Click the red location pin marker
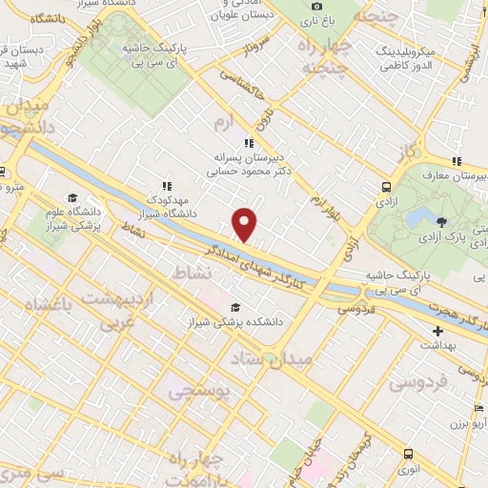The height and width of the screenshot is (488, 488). pyautogui.click(x=245, y=223)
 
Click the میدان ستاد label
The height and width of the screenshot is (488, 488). pyautogui.click(x=266, y=358)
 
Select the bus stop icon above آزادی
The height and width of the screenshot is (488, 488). pyautogui.click(x=386, y=188)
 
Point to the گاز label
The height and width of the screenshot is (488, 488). pyautogui.click(x=409, y=152)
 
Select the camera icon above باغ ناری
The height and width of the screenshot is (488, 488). pyautogui.click(x=316, y=8)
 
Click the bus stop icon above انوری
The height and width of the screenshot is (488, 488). pyautogui.click(x=409, y=454)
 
